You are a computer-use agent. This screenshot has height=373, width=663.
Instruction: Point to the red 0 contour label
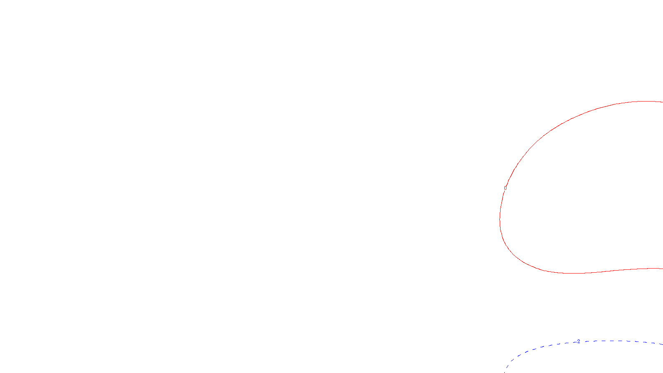tap(505, 188)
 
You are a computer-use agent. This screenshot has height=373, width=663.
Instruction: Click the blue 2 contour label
tap(578, 342)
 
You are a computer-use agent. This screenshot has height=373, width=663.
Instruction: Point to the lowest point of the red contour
tap(574, 273)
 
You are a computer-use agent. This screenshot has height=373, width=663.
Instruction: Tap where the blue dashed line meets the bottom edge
tap(506, 367)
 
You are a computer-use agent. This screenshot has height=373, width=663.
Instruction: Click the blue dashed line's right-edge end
tap(662, 344)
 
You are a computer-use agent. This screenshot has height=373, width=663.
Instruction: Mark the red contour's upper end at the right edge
tap(662, 102)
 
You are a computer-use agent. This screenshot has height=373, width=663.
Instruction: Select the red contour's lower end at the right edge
tap(662, 269)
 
